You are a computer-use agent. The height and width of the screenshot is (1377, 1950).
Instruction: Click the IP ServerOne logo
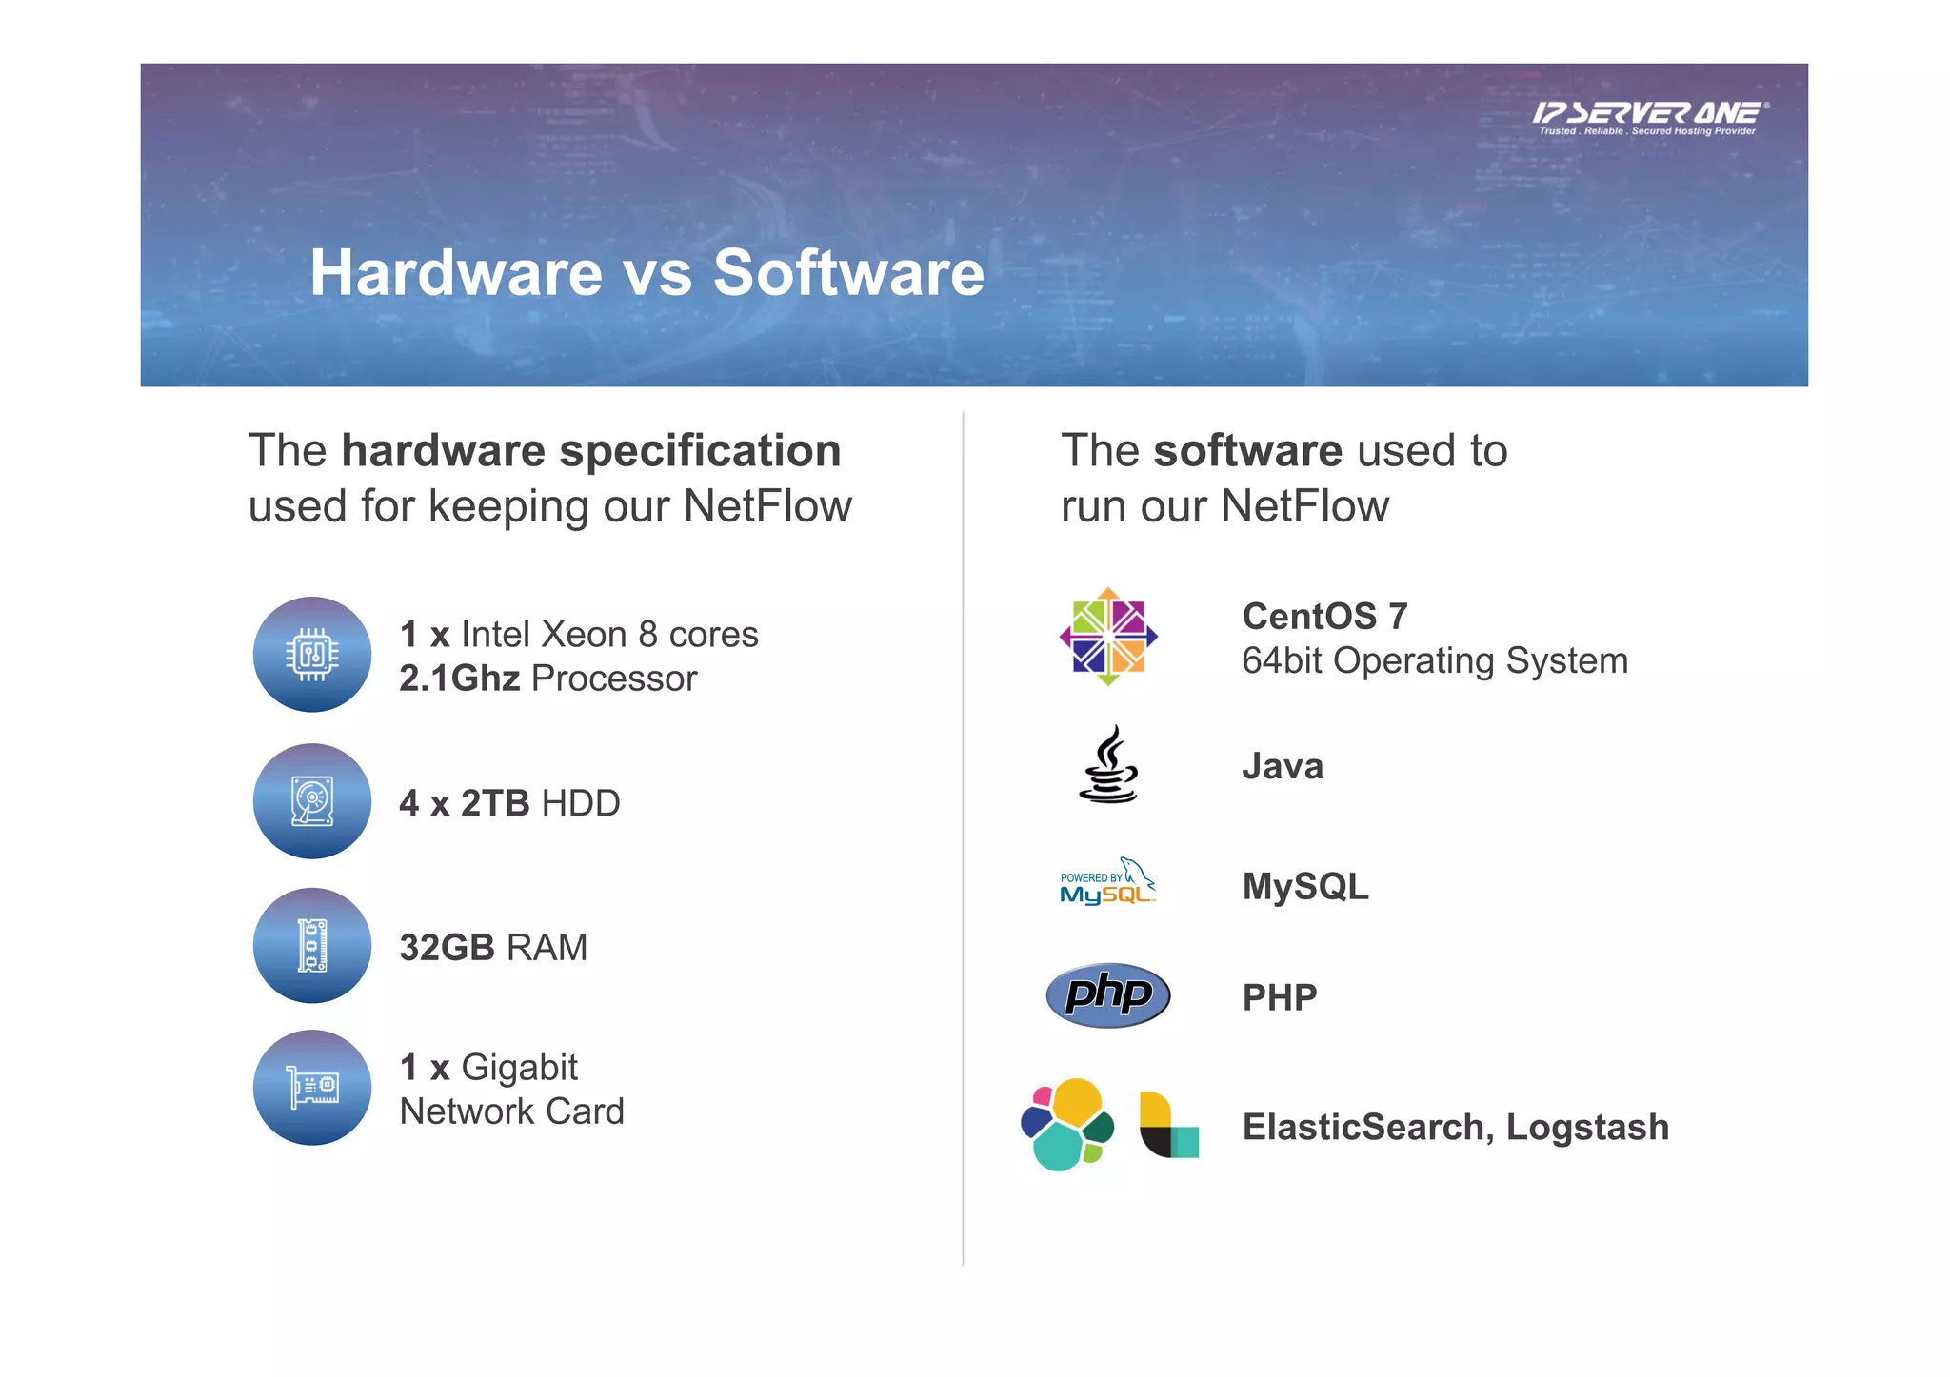pos(1650,118)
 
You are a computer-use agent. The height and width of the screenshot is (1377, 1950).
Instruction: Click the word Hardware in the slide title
pos(456,273)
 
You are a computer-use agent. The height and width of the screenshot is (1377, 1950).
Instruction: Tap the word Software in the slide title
pos(848,273)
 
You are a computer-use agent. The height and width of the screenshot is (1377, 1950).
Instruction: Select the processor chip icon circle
pos(312,655)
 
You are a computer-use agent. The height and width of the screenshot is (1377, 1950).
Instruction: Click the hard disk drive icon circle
pos(312,801)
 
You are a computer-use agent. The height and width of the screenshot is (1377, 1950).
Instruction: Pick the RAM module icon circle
pos(312,946)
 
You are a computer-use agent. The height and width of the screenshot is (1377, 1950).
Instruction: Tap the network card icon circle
pos(312,1088)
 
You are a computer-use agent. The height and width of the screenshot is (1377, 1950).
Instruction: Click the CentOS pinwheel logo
pos(1108,637)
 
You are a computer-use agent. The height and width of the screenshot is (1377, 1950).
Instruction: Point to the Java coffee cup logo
pos(1108,766)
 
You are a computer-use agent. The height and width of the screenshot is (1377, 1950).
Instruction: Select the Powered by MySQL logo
pos(1107,882)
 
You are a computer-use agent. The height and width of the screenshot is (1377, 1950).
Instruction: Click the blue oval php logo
pos(1107,995)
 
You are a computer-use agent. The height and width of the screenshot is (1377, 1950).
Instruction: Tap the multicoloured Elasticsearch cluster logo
pos(1066,1125)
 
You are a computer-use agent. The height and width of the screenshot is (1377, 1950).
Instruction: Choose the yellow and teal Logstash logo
pos(1168,1125)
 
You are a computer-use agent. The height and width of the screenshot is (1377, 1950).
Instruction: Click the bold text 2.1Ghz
pos(459,679)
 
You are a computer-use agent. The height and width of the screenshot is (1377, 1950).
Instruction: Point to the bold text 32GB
pos(447,948)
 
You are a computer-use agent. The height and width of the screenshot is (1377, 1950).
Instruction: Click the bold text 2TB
pos(495,804)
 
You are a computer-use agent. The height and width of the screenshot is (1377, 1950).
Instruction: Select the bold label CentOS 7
pos(1324,617)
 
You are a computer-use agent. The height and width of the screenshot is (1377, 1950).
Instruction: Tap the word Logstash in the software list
pos(1587,1128)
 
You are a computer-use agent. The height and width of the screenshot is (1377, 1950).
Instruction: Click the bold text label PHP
pos(1280,998)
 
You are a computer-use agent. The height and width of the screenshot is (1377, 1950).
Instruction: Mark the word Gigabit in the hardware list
pos(519,1068)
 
